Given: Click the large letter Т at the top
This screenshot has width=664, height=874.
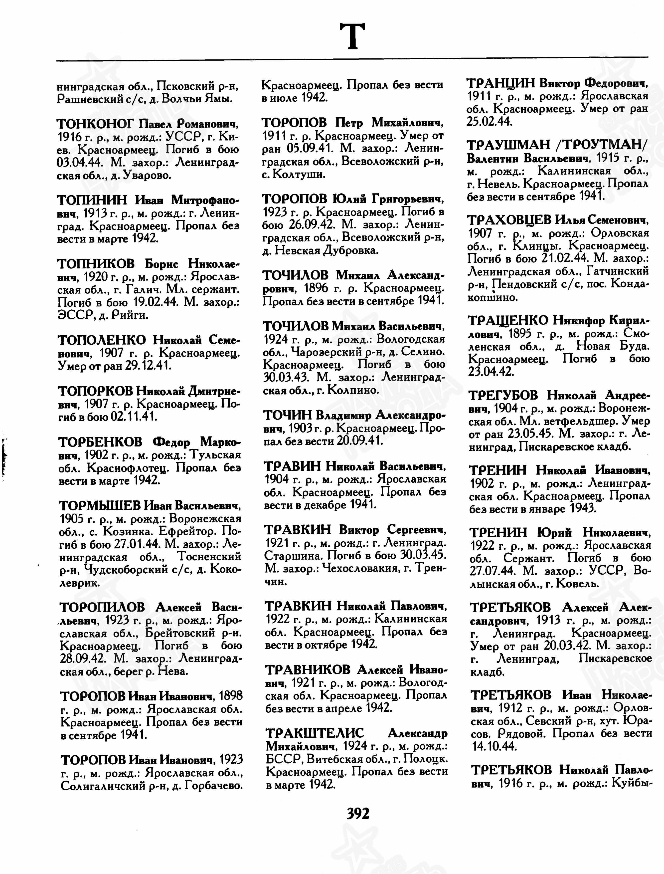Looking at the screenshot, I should (x=353, y=36).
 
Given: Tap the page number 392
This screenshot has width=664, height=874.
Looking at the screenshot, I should (x=358, y=814).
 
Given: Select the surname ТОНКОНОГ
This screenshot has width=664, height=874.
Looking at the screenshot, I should (x=96, y=124).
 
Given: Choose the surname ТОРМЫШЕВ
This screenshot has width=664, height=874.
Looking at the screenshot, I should (x=100, y=506).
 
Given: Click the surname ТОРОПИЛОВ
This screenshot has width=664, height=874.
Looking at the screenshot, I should (x=102, y=607).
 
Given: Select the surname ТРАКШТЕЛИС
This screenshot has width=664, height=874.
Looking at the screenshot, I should (x=315, y=733).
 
